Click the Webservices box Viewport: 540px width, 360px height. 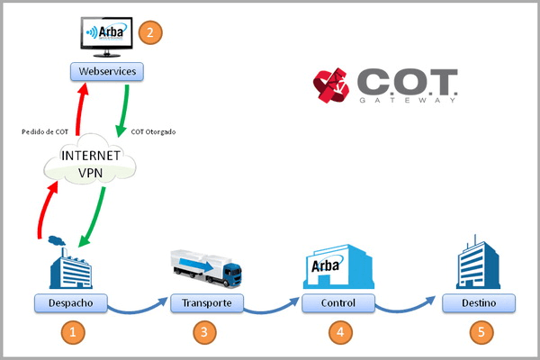click(106, 69)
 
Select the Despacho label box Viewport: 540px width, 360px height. click(71, 301)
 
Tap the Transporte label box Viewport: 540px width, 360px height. click(206, 302)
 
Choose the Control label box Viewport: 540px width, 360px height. click(338, 302)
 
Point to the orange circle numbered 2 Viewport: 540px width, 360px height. click(149, 33)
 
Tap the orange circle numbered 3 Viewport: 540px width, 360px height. click(206, 332)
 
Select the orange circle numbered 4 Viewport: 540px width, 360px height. click(338, 332)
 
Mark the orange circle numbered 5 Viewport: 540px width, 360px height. click(481, 332)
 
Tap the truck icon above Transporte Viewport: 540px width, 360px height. click(206, 267)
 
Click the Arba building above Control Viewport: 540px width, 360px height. click(338, 265)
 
